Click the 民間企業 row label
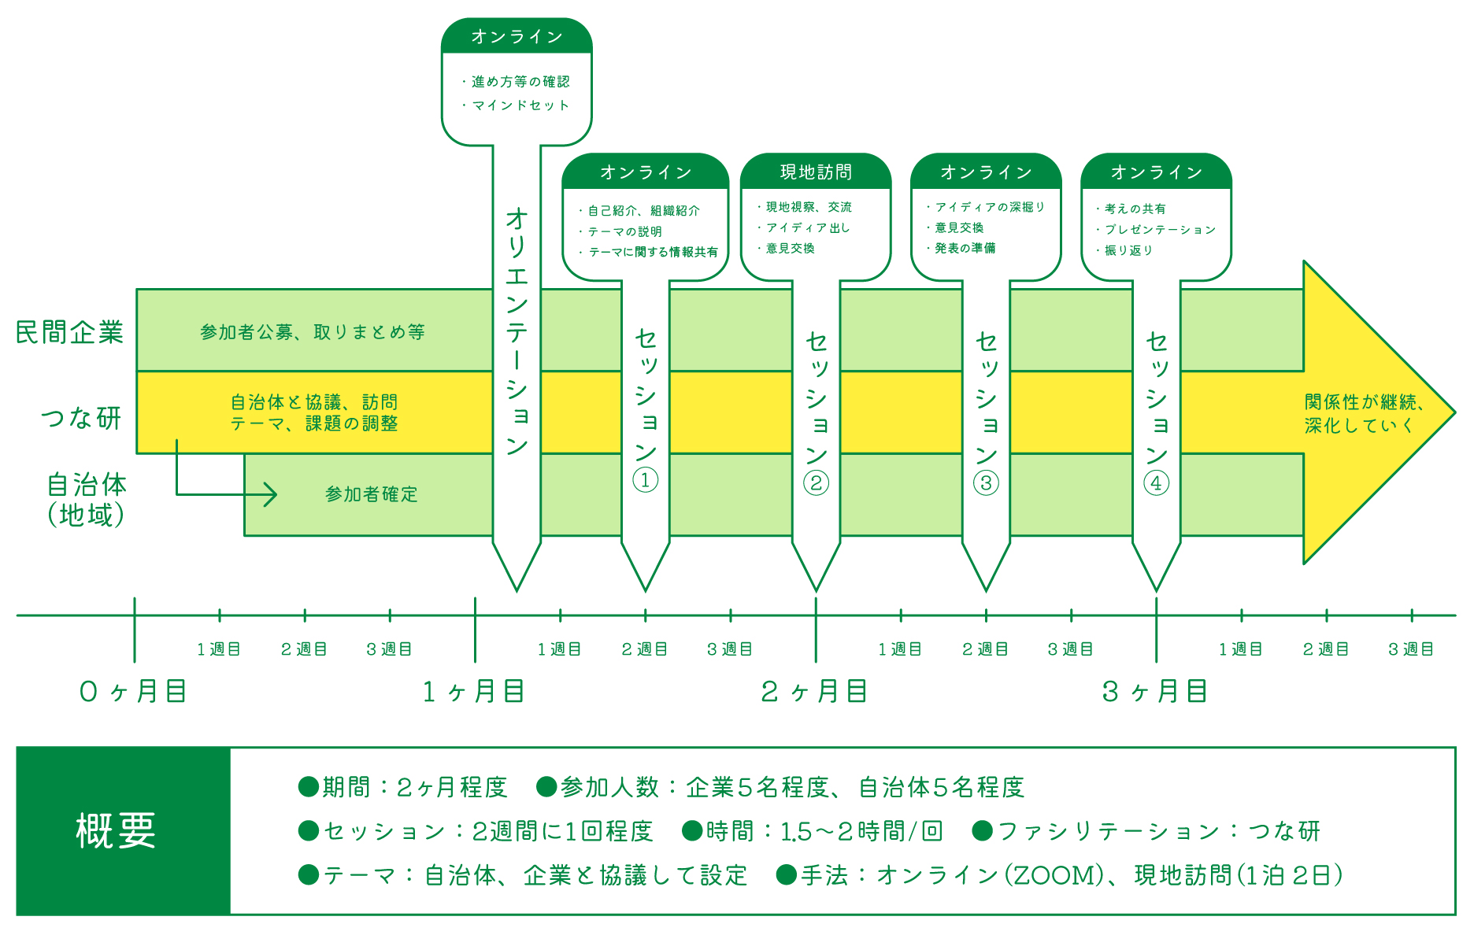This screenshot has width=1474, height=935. (x=69, y=332)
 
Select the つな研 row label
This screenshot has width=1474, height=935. (x=81, y=417)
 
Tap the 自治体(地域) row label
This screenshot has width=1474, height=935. (x=86, y=499)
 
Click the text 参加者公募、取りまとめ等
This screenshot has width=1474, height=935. (x=313, y=332)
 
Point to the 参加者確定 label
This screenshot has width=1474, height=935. (x=371, y=494)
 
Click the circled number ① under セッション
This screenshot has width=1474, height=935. (x=645, y=480)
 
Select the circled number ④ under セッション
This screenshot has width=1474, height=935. (x=1156, y=482)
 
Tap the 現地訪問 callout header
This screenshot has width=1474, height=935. (x=816, y=172)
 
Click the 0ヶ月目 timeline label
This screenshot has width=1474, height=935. (x=133, y=692)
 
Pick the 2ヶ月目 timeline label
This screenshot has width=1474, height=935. (x=814, y=692)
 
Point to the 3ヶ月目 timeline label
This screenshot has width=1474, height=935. (x=1155, y=692)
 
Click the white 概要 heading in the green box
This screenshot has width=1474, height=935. (x=116, y=831)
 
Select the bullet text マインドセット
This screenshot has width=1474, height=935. (x=520, y=105)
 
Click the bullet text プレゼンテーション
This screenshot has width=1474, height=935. (x=1160, y=230)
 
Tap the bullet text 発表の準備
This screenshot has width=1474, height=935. (x=965, y=248)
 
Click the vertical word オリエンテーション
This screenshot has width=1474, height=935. (x=517, y=331)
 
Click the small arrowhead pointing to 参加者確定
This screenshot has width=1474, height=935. (x=270, y=494)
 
